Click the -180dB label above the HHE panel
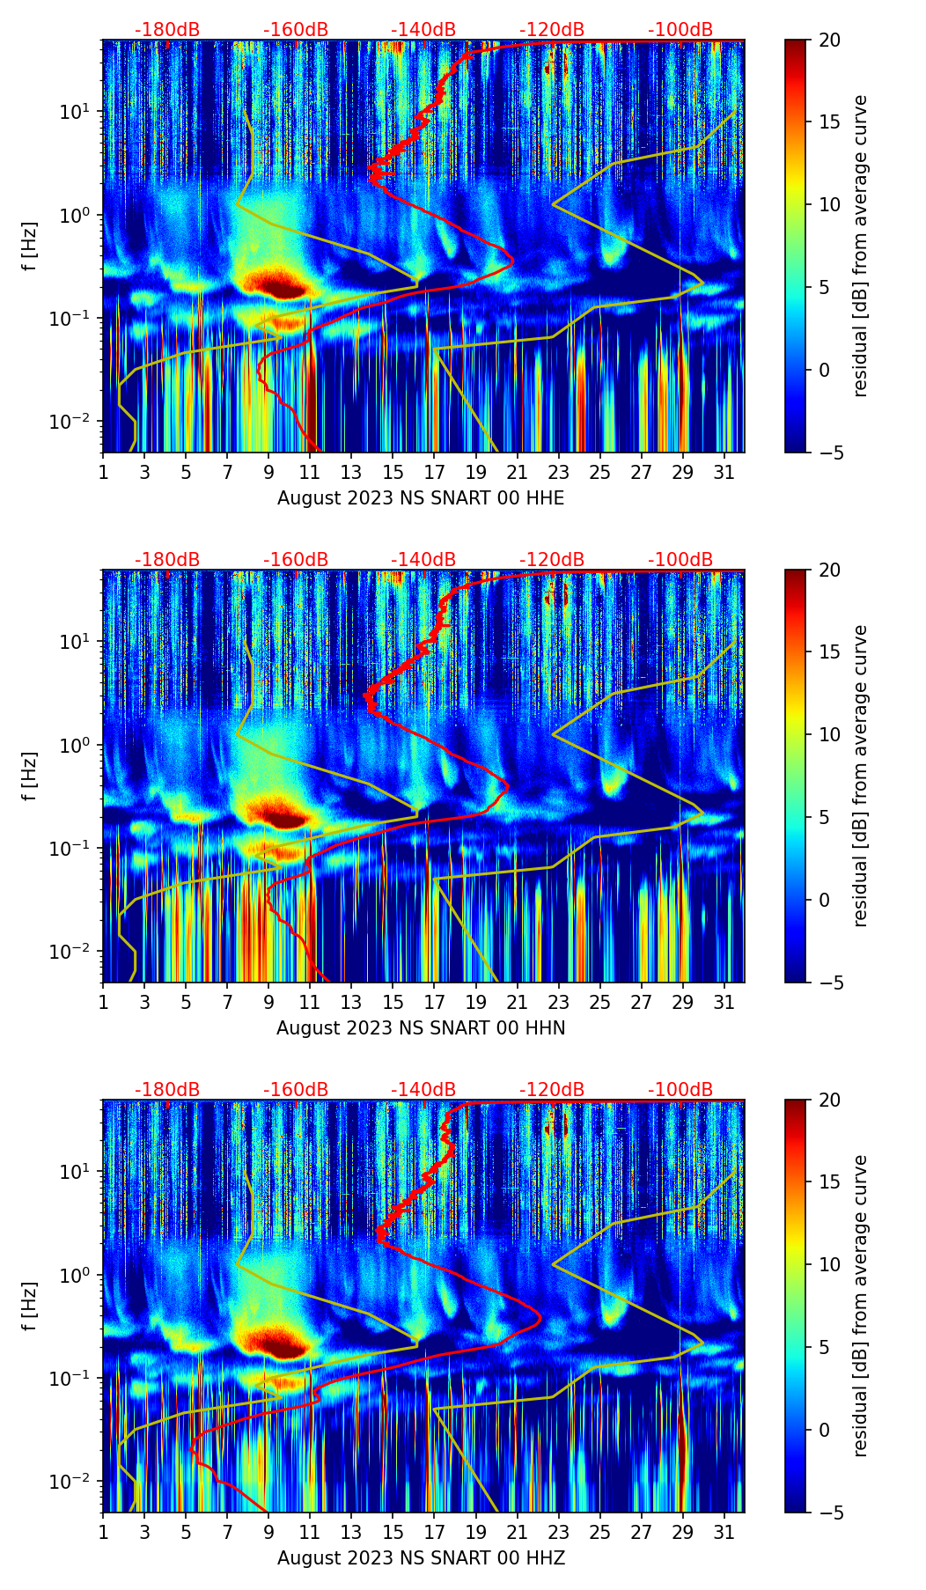point(167,30)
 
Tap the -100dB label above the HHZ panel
point(680,1090)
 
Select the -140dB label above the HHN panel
point(423,560)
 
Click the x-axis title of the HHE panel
point(421,498)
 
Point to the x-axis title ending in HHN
point(421,1028)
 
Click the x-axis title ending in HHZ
point(421,1558)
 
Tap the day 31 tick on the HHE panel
point(724,473)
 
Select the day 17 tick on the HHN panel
point(434,1003)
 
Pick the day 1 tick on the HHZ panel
point(103,1533)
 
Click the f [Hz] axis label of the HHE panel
point(30,246)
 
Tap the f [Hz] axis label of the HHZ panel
point(30,1306)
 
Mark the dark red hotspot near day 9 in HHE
point(276,285)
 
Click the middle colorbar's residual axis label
point(860,776)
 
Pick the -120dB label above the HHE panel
point(552,30)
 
